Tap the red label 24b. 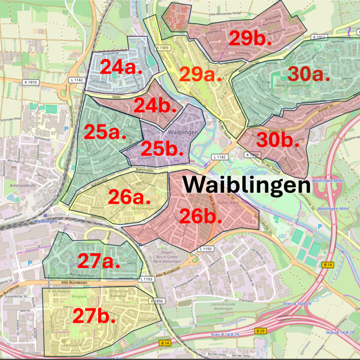[x=155, y=105]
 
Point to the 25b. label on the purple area [x=162, y=149]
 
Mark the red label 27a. [x=99, y=261]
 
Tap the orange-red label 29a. [x=200, y=74]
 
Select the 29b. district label [x=250, y=38]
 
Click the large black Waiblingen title [x=247, y=185]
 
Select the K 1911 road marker [x=319, y=37]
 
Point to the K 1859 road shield [x=252, y=154]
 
